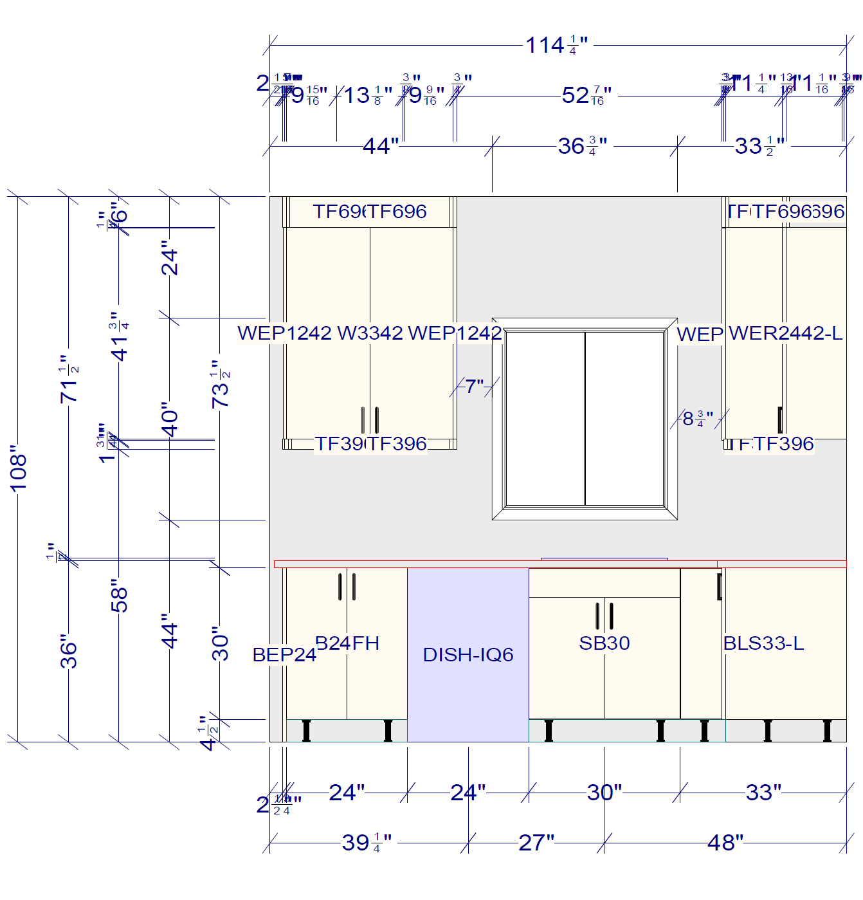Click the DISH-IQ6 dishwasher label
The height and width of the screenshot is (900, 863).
pyautogui.click(x=468, y=654)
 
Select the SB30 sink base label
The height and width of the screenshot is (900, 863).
pyautogui.click(x=604, y=643)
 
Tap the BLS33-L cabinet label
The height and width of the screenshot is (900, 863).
pyautogui.click(x=763, y=643)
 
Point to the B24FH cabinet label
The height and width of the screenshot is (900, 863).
pyautogui.click(x=347, y=643)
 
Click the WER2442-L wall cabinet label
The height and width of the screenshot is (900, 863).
pyautogui.click(x=785, y=333)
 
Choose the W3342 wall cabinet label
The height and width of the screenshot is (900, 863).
pyautogui.click(x=370, y=333)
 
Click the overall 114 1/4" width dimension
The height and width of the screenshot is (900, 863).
pyautogui.click(x=556, y=45)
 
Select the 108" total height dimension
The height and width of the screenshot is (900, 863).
pyautogui.click(x=18, y=468)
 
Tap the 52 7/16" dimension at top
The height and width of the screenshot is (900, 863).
pyautogui.click(x=586, y=95)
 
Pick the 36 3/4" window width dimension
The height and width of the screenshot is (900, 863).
pyautogui.click(x=582, y=146)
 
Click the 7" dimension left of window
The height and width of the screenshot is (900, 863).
pyautogui.click(x=475, y=386)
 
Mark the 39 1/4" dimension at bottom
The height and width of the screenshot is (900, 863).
pyautogui.click(x=366, y=842)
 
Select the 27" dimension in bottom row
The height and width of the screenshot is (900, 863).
pyautogui.click(x=536, y=842)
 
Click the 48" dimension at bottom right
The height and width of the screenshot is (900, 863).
pyautogui.click(x=725, y=842)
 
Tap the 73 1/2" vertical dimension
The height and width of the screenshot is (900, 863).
pyautogui.click(x=220, y=384)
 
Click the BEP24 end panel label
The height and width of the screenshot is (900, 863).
pyautogui.click(x=284, y=654)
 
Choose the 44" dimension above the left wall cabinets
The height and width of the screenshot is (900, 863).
pyautogui.click(x=381, y=146)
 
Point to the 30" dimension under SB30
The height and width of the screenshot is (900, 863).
pyautogui.click(x=604, y=793)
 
